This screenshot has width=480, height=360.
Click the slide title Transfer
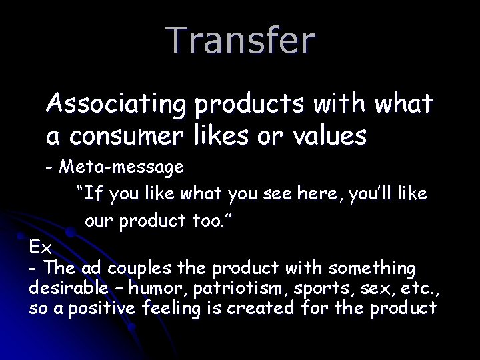click(x=241, y=40)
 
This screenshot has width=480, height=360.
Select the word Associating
click(x=117, y=105)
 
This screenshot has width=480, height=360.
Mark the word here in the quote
click(x=318, y=194)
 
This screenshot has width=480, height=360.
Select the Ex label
click(x=40, y=247)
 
